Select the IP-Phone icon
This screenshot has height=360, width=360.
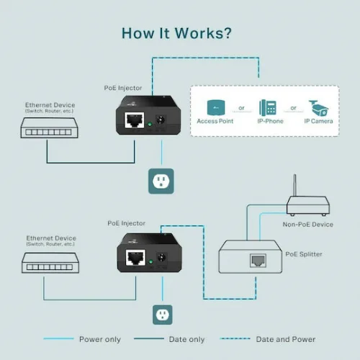[x=269, y=107]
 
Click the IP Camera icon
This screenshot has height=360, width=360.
[x=318, y=107]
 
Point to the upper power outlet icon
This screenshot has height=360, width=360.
[x=161, y=180]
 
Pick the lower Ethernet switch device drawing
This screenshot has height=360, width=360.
[x=50, y=264]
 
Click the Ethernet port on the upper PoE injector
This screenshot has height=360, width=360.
[x=132, y=121]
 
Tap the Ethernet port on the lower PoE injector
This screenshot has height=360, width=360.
[x=133, y=258]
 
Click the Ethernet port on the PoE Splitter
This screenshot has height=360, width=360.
[x=257, y=261]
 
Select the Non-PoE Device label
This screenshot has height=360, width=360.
[x=308, y=225]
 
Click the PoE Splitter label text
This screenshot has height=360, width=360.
[x=304, y=253]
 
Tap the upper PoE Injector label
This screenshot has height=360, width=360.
[x=123, y=87]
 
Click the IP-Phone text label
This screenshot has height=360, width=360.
[x=269, y=121]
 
